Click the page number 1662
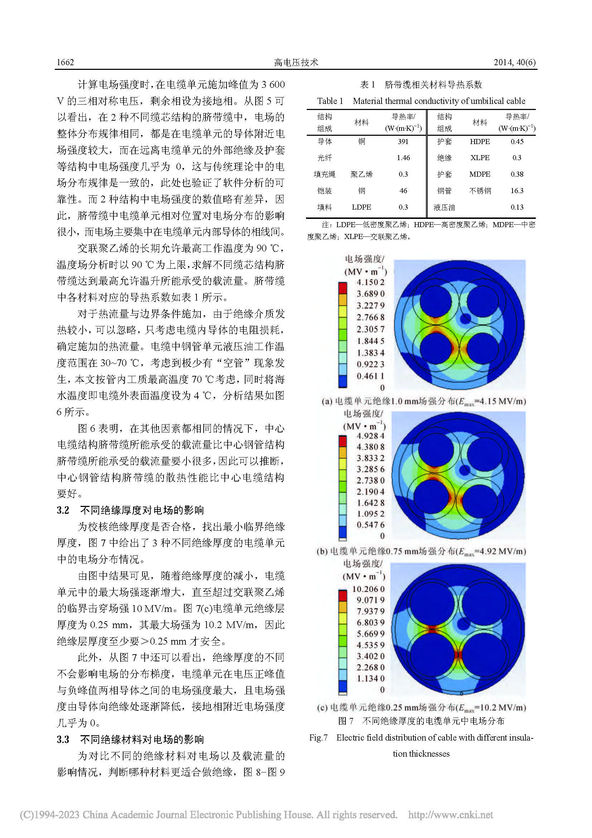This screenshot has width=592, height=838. coord(65,62)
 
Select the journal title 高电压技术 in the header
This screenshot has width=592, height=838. coord(296,62)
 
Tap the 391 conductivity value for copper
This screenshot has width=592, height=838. coord(403,142)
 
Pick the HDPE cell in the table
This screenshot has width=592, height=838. coord(479,142)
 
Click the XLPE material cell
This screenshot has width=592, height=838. coord(479,158)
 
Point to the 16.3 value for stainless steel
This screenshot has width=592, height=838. coord(516,191)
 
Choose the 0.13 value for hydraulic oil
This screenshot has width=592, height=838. coord(516,207)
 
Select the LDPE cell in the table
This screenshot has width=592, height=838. coord(361,207)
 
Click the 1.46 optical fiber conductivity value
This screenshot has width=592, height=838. coord(403,158)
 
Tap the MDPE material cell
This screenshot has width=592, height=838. coord(479,174)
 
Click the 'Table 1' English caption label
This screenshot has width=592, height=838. coord(330,101)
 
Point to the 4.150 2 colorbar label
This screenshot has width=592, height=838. coord(370,282)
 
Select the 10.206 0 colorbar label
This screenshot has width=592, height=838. coord(368,589)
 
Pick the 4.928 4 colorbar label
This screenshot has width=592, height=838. coord(370,436)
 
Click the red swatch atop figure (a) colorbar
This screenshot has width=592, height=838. coord(343,288)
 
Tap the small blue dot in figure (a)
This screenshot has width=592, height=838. coord(465,319)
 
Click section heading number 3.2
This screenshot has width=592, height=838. coord(63,510)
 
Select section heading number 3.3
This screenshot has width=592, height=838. coord(63,739)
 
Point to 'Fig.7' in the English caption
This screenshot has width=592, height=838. coord(318,738)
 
